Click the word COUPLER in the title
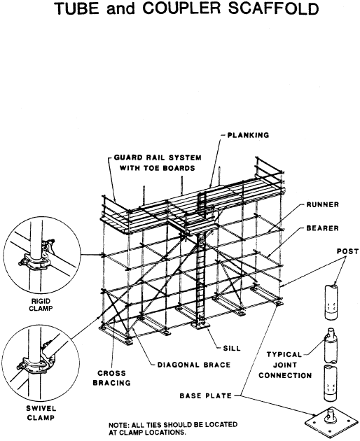click(181, 8)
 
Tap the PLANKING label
click(248, 135)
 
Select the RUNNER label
click(323, 204)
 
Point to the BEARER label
click(323, 227)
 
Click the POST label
click(347, 251)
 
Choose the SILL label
click(232, 348)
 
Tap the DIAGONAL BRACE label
click(194, 365)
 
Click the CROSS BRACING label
click(112, 378)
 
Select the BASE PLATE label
click(206, 395)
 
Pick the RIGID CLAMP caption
click(41, 304)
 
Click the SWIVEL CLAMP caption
click(41, 412)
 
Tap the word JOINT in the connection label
click(285, 365)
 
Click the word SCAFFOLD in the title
click(274, 8)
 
